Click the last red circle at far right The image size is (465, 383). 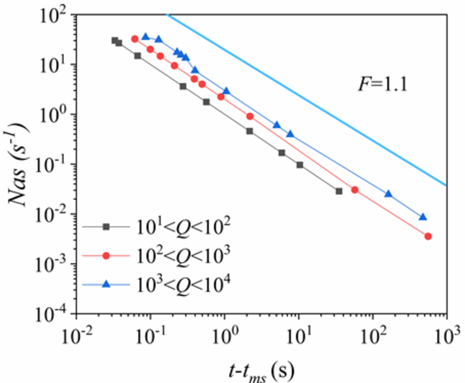point(428,236)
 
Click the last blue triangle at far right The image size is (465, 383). point(422,217)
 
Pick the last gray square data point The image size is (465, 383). point(339,191)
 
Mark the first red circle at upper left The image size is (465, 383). point(135,39)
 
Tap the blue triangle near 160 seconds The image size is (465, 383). point(388,194)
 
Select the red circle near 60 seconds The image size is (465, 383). point(354,190)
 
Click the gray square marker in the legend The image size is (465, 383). point(106,226)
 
